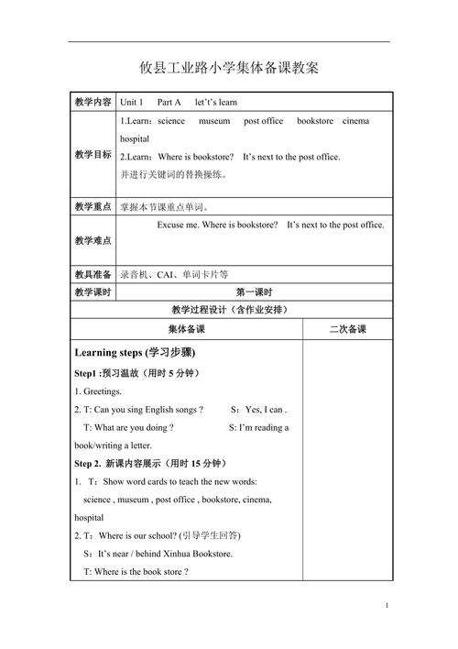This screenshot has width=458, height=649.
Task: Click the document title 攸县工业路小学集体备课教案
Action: click(229, 68)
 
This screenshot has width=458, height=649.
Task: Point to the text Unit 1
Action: click(133, 103)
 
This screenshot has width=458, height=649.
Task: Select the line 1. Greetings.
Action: click(96, 391)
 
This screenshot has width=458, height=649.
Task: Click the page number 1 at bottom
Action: click(387, 606)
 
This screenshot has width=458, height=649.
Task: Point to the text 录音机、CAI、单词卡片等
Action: click(175, 274)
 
